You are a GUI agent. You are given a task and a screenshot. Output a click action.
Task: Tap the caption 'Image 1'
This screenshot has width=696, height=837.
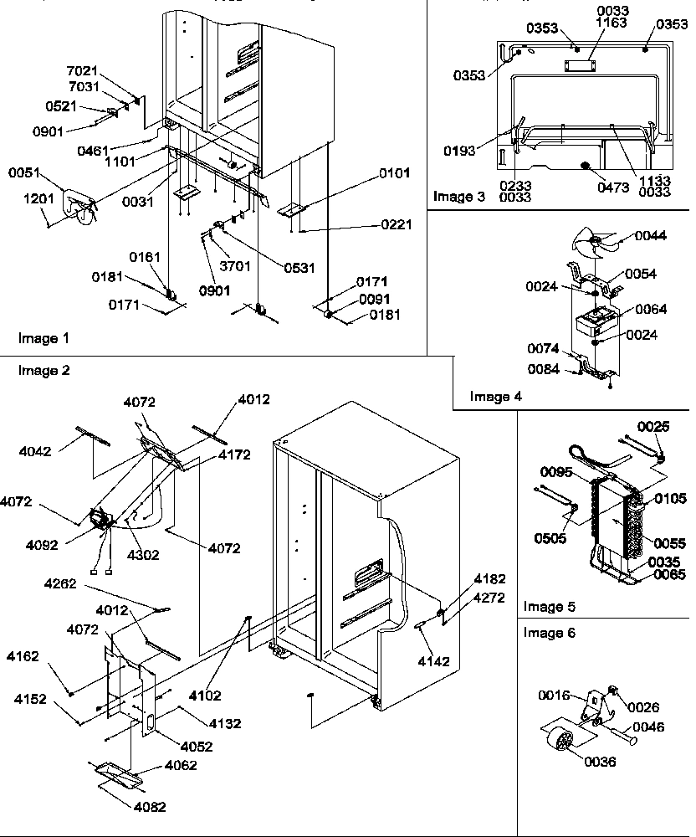(42, 338)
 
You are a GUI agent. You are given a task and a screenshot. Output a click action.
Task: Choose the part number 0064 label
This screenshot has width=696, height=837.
(651, 310)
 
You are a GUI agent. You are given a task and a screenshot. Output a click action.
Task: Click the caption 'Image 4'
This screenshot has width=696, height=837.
(495, 396)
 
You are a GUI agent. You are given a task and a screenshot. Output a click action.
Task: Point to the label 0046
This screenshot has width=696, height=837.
(648, 727)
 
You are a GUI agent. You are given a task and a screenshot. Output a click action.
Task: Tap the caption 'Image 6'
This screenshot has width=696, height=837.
(549, 634)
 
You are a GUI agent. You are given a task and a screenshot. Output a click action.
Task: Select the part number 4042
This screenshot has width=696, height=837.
(35, 451)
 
